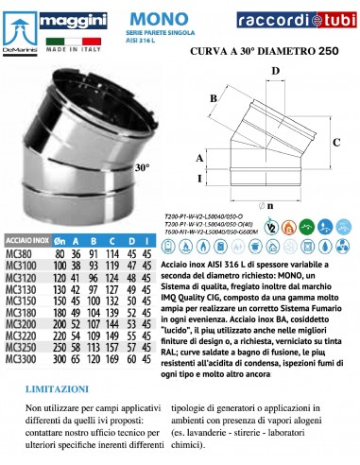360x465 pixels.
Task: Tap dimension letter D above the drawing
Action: pos(277,71)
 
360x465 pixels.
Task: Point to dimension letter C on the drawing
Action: pos(337,142)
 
